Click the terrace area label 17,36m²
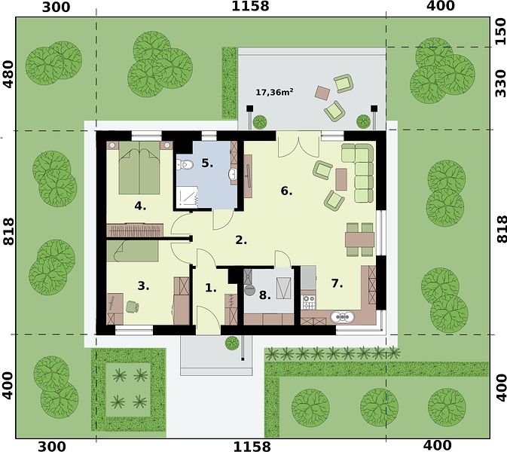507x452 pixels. pyautogui.click(x=274, y=93)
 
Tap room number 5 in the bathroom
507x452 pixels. pyautogui.click(x=207, y=163)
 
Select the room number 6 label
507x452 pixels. pyautogui.click(x=286, y=191)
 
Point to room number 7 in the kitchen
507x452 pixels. pyautogui.click(x=337, y=283)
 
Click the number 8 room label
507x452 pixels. pyautogui.click(x=265, y=295)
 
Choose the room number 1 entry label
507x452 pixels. pyautogui.click(x=211, y=288)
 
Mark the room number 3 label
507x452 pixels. pyautogui.click(x=143, y=286)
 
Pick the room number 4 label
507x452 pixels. pyautogui.click(x=140, y=206)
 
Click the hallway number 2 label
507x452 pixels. pyautogui.click(x=241, y=240)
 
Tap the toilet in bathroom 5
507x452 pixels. pyautogui.click(x=185, y=165)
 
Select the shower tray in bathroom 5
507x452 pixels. pyautogui.click(x=188, y=196)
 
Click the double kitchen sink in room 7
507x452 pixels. pyautogui.click(x=343, y=317)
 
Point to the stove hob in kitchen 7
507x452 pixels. pyautogui.click(x=308, y=302)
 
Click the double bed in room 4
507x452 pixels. pyautogui.click(x=139, y=167)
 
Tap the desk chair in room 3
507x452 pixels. pyautogui.click(x=133, y=307)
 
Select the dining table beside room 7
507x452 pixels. pyautogui.click(x=359, y=240)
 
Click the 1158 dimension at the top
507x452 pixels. pyautogui.click(x=250, y=6)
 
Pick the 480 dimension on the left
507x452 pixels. pyautogui.click(x=8, y=75)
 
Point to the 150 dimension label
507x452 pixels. pyautogui.click(x=500, y=32)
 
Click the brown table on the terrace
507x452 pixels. pyautogui.click(x=322, y=93)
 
